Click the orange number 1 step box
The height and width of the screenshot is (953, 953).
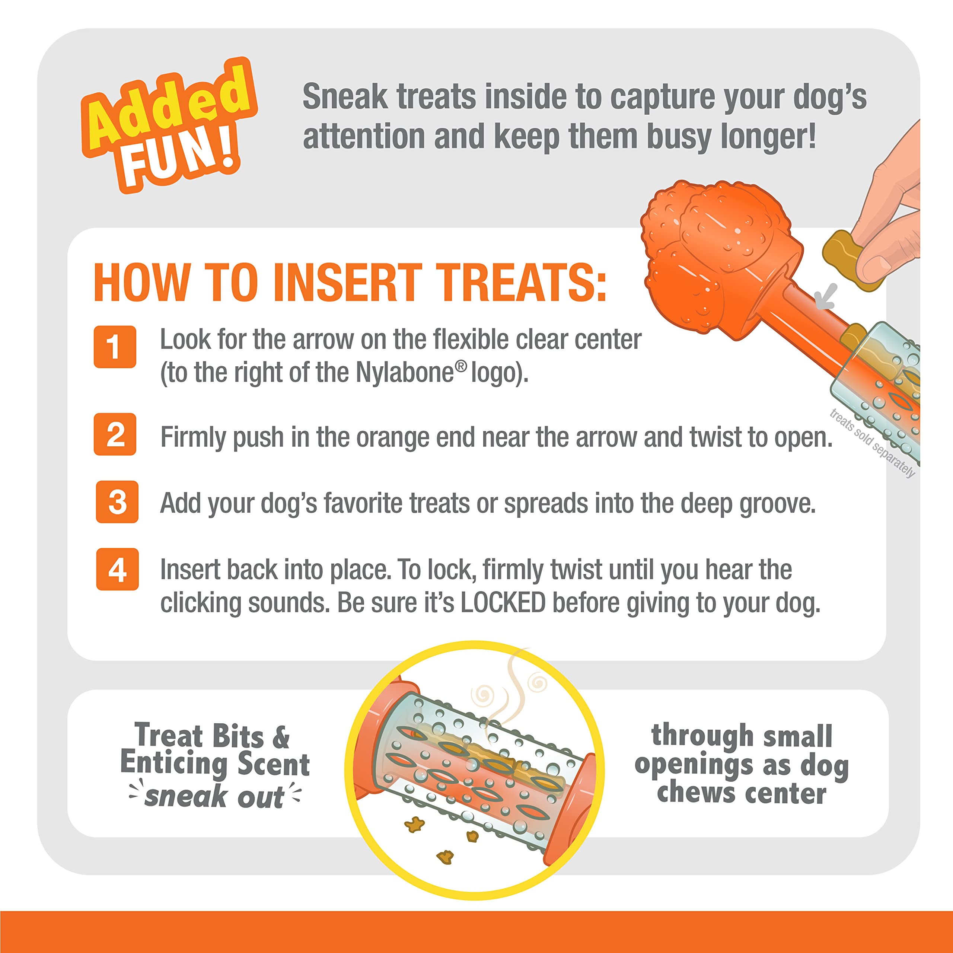pyautogui.click(x=114, y=347)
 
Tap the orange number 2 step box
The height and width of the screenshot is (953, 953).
pyautogui.click(x=114, y=434)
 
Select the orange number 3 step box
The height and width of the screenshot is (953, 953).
pyautogui.click(x=117, y=502)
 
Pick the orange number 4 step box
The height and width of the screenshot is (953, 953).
pyautogui.click(x=117, y=569)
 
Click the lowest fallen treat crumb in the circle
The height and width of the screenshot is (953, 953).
pyautogui.click(x=445, y=857)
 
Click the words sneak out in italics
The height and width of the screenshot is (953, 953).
pyautogui.click(x=214, y=796)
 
